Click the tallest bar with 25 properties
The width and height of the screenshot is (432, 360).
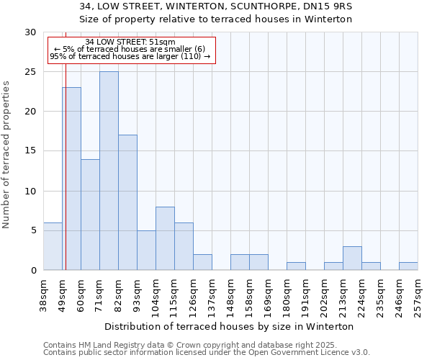pos(109,171)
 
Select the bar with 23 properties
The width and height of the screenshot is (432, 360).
pos(71,179)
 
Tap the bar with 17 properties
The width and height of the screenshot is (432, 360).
pos(127,202)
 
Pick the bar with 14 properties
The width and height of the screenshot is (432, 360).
pos(90,215)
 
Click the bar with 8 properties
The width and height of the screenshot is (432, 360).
pos(165,238)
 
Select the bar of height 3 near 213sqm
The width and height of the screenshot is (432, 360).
pos(352,258)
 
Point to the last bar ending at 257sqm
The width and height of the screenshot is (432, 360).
pos(408,266)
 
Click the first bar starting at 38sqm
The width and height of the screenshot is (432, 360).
pos(53,246)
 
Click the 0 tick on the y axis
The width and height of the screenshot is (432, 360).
pos(34,271)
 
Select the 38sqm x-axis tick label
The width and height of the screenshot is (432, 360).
pos(44,294)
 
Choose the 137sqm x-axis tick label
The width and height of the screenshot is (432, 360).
pos(212,296)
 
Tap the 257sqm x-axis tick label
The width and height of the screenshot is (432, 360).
pos(418,296)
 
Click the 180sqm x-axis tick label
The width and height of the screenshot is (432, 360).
pos(287,296)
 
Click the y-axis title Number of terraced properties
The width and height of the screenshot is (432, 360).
pos(6,155)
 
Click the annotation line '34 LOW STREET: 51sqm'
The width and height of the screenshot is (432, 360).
pos(130,42)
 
